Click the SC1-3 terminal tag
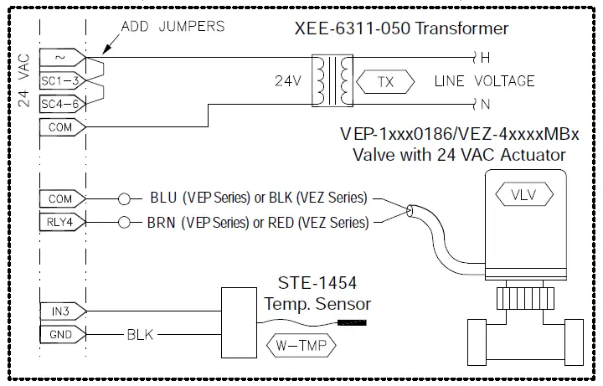click(60, 81)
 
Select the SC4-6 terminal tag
click(60, 105)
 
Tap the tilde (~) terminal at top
click(60, 58)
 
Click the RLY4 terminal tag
click(60, 223)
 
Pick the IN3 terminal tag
click(60, 311)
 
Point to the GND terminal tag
click(60, 335)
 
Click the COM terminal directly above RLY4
click(60, 199)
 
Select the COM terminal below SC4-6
click(60, 128)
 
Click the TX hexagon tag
click(385, 82)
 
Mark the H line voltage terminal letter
click(483, 58)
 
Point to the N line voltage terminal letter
click(483, 105)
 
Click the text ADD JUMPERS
click(173, 26)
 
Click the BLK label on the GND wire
click(140, 335)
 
